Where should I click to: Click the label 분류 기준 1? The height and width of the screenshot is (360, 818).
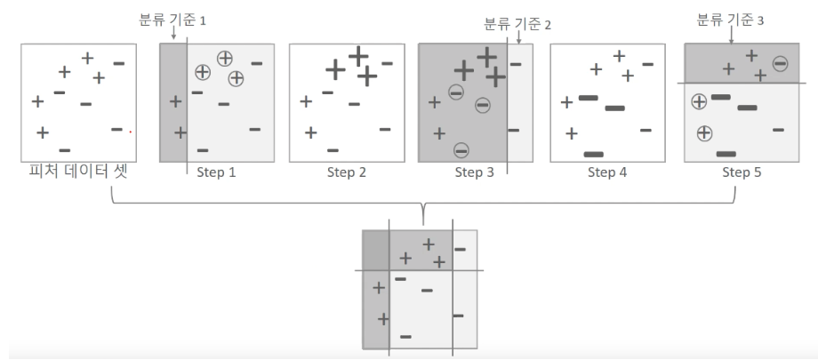pos(172,20)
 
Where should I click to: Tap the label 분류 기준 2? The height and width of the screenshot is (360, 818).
pos(517,24)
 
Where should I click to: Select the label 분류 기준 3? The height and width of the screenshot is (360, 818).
pos(730,20)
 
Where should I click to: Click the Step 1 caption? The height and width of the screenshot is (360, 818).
pos(216,172)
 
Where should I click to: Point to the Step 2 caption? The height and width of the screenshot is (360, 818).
pos(347,172)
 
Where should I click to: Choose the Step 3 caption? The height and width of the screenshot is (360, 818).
pos(474,172)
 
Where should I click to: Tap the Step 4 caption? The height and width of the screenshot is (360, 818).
pos(607,172)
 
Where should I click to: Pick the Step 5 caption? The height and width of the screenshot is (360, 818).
pos(742,172)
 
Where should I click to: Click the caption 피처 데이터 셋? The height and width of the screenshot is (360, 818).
pos(78,172)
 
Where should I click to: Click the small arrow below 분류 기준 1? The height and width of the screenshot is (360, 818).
pos(173,34)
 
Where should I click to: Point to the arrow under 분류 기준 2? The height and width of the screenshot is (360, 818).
pos(518,37)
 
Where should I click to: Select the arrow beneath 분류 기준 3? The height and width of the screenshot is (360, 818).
pos(731,35)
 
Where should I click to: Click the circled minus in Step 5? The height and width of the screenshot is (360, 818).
pos(780,64)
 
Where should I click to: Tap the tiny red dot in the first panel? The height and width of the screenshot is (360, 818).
pos(131,132)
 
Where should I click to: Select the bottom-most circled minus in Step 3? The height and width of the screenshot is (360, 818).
pos(461,151)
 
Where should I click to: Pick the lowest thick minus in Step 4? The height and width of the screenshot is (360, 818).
pos(594,155)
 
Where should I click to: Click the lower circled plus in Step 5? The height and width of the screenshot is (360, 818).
pos(704,133)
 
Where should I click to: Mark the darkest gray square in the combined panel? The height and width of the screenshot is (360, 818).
pos(376,250)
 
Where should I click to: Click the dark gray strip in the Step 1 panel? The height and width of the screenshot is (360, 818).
pos(173,103)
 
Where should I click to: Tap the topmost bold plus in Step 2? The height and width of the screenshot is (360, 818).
pos(358,56)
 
